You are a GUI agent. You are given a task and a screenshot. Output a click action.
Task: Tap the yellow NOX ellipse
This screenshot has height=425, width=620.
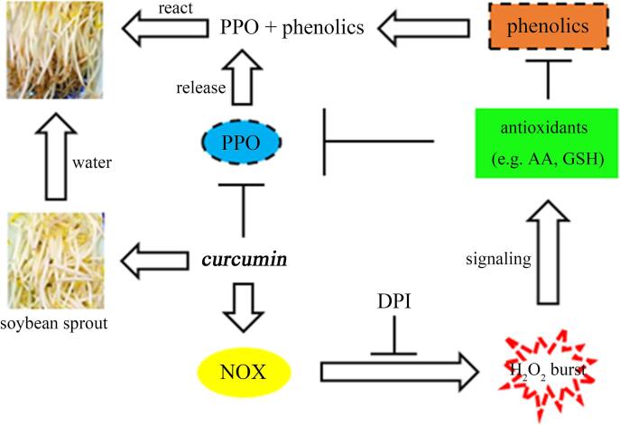(x=244, y=371)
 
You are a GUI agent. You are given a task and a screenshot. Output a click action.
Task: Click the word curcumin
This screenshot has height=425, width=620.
(x=245, y=260)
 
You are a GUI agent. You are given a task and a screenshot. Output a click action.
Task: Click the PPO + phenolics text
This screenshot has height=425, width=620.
(x=291, y=28)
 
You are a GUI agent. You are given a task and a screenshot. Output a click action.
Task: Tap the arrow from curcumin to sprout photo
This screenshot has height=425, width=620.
(x=159, y=260)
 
